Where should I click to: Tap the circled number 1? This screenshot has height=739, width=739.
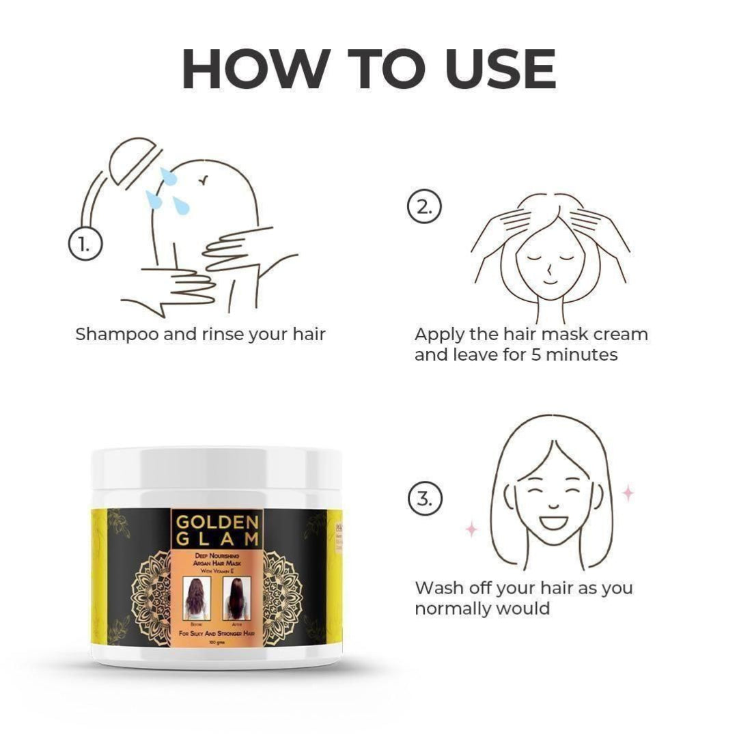coord(85,244)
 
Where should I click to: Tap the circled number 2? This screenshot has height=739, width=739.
coord(425,208)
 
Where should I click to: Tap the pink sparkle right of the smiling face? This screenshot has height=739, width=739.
coord(627,492)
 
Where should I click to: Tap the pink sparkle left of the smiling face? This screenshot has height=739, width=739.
coord(471,529)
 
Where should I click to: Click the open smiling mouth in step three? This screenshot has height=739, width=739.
coord(550,524)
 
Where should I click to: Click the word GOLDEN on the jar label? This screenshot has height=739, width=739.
coord(217,522)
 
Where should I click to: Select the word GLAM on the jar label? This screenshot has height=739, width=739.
coord(217,540)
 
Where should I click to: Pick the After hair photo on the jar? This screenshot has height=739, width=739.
coord(236,598)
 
